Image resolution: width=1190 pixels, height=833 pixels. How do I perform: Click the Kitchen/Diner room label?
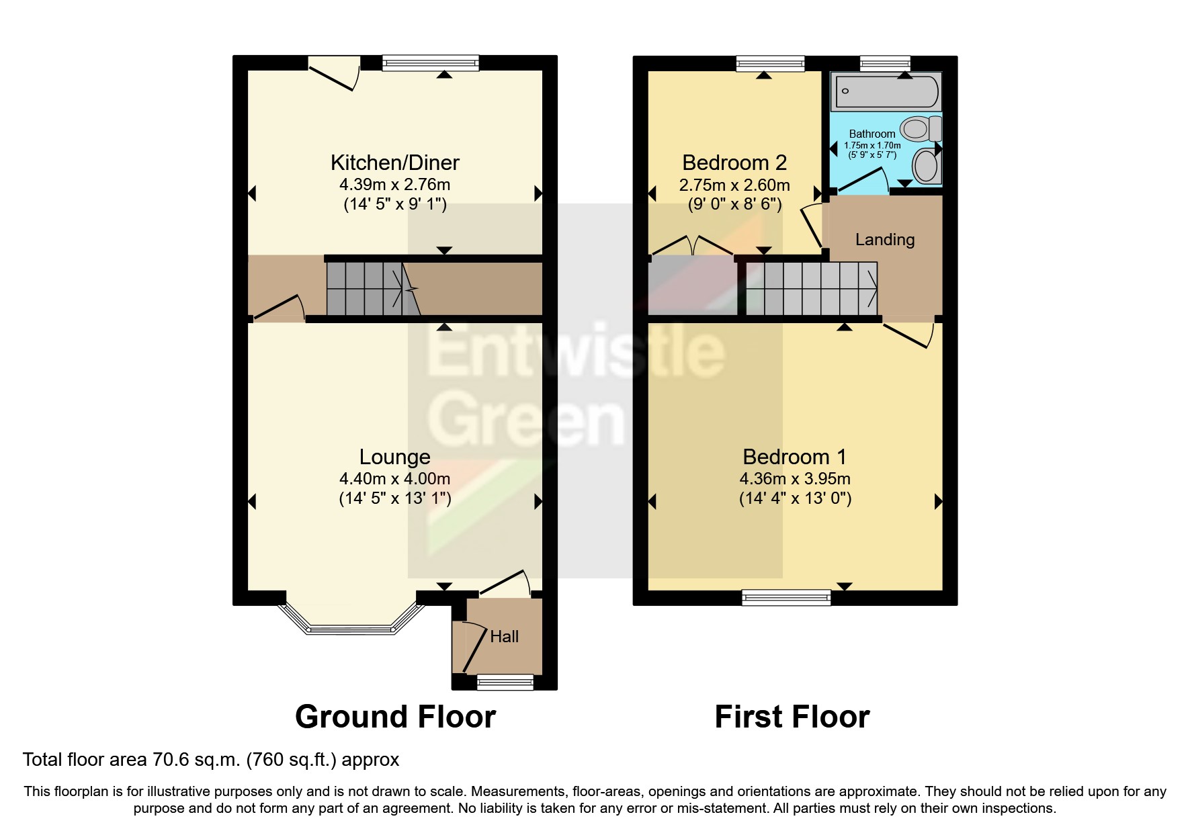point(394,163)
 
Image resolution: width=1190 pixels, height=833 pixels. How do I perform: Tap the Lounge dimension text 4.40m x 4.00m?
point(394,479)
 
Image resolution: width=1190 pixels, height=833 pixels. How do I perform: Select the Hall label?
point(504,636)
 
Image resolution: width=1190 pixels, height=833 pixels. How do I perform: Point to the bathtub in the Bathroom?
point(886,92)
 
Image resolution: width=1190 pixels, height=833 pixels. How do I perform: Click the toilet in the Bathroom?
point(919,128)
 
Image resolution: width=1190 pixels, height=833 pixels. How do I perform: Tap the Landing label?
point(884,240)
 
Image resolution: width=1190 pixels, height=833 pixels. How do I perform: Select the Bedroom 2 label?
point(734,163)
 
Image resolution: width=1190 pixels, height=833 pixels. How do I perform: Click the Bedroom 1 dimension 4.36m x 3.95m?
point(794,479)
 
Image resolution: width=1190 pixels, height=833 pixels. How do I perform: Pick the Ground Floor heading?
point(395,717)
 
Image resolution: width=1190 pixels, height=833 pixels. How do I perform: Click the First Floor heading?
point(792,717)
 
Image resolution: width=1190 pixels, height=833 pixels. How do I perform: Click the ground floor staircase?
point(365,288)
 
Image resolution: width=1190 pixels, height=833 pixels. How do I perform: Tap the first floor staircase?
point(810,288)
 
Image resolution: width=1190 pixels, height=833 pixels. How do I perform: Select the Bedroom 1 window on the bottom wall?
point(786,597)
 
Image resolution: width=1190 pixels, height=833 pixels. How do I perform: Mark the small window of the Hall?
point(505,683)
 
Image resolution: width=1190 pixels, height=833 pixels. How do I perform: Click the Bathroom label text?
point(872,134)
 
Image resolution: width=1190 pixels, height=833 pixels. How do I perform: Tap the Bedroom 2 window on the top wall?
point(770,64)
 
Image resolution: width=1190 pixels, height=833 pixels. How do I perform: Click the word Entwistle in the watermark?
point(575,352)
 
